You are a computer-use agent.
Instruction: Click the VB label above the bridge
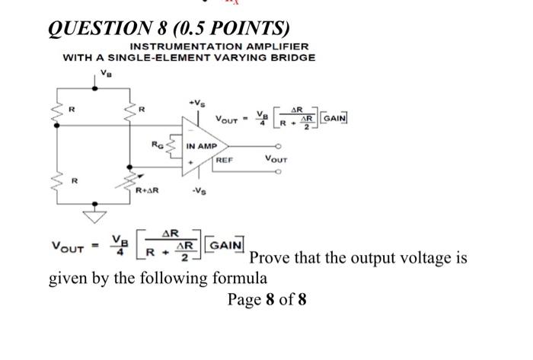coord(104,73)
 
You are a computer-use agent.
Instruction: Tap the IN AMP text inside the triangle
coord(202,145)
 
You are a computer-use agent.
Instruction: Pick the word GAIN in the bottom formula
coord(225,245)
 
